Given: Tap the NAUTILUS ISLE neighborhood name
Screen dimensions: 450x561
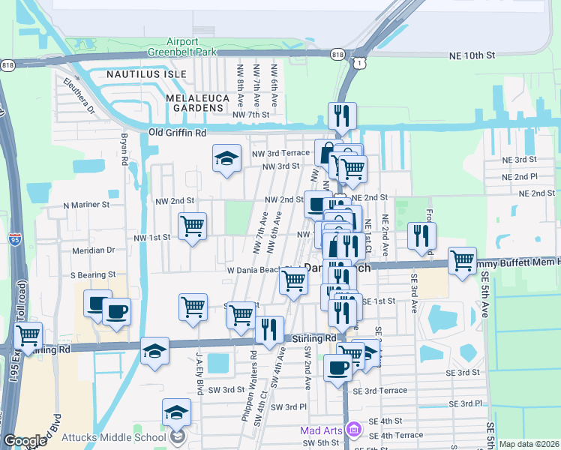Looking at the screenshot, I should point(136,75).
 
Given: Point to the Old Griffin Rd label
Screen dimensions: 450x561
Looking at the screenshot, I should point(177,133).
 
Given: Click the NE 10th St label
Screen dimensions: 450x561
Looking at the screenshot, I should point(472,55).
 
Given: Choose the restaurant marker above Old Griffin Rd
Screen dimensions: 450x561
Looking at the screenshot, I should point(341,116).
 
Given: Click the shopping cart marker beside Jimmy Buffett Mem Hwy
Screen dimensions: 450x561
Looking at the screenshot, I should point(462,261).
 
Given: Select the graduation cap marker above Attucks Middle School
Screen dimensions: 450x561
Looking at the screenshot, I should point(176,412).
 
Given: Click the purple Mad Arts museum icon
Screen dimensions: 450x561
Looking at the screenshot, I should point(354,430).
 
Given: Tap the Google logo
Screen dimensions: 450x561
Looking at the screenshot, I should point(25,441).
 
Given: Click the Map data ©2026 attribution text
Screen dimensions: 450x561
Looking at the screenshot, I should point(529,444).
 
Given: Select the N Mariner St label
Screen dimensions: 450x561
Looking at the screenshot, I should point(86,204).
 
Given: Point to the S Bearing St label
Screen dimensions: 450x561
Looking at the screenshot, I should point(93,275).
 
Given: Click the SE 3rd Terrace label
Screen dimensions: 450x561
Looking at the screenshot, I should point(385,391).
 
